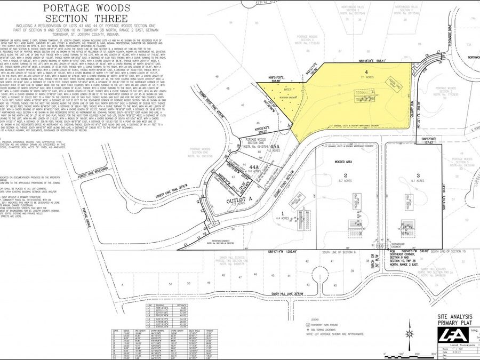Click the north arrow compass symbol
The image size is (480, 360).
(410, 333)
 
